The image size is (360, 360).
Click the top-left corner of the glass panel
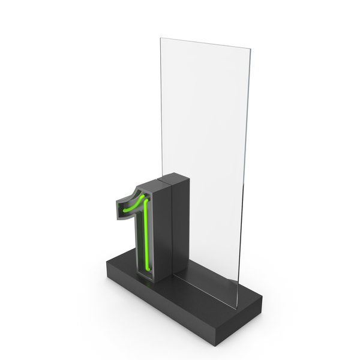point(160,38)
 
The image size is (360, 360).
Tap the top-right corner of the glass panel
point(250,49)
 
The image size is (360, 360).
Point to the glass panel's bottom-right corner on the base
point(237,309)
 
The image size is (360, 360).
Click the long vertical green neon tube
point(146,234)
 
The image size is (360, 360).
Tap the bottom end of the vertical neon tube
point(148,269)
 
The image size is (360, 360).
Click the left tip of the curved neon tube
point(124,211)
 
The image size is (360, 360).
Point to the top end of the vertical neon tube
point(146,200)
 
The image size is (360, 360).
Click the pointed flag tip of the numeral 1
point(116,202)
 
